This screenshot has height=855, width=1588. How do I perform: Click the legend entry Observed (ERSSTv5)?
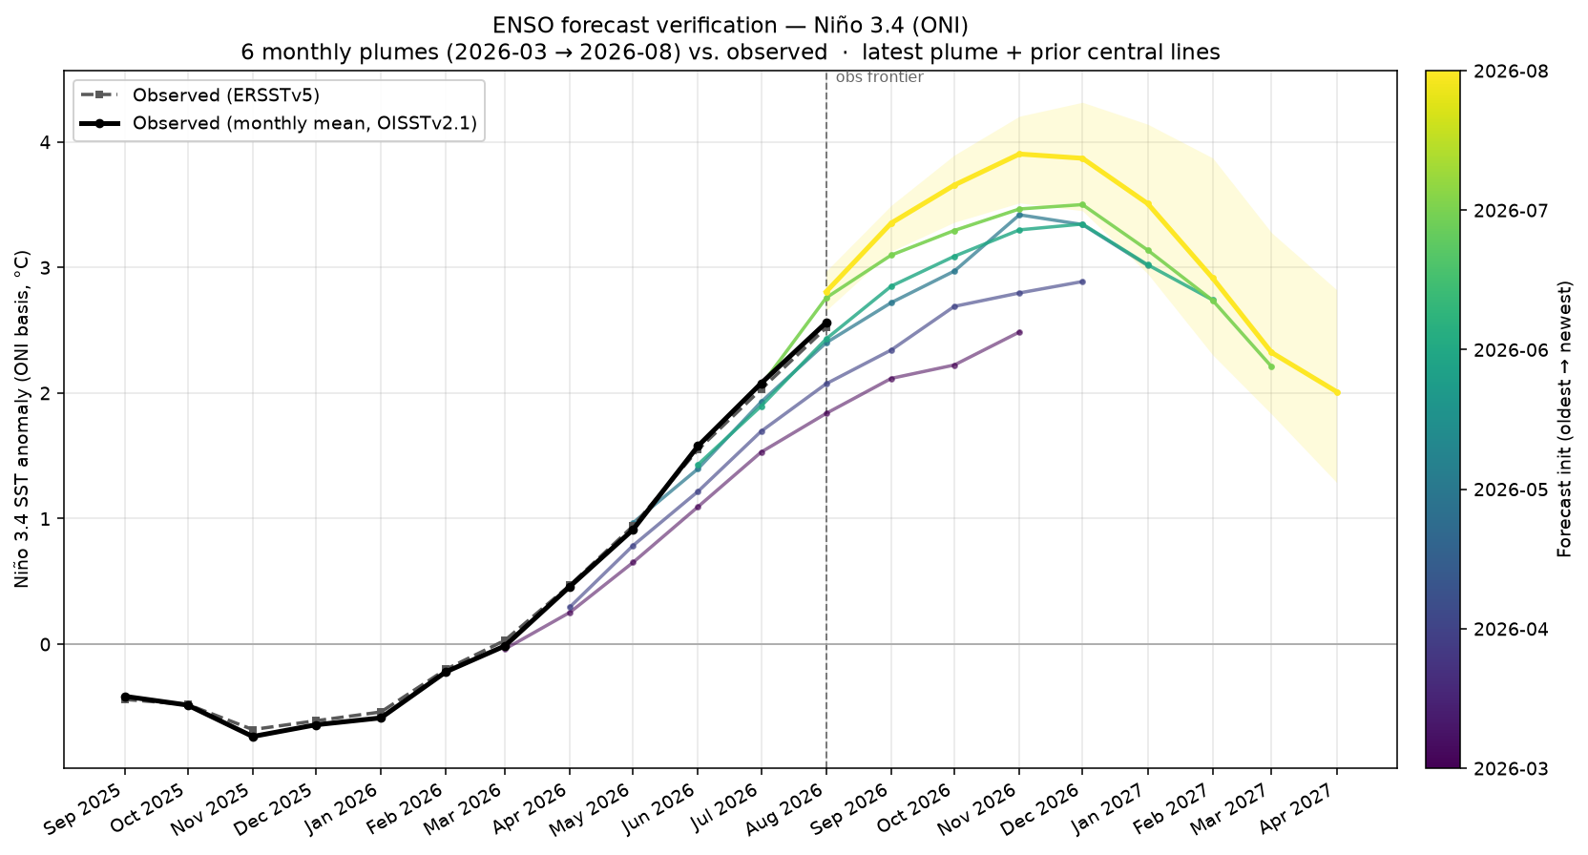click(225, 95)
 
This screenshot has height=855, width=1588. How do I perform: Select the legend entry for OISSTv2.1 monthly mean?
click(304, 123)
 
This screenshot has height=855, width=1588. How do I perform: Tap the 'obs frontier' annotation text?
click(879, 77)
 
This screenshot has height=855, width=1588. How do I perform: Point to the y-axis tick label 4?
click(46, 142)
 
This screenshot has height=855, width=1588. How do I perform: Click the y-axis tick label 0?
click(46, 644)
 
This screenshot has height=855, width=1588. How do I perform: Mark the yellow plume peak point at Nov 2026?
click(1019, 154)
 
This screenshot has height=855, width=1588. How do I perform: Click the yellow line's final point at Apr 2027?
click(1337, 393)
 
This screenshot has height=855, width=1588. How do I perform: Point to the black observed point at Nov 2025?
click(253, 737)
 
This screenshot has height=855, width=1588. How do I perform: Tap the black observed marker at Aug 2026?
click(826, 323)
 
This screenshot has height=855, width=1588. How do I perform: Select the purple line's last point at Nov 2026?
click(1019, 332)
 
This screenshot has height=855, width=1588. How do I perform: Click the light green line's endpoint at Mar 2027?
click(1271, 366)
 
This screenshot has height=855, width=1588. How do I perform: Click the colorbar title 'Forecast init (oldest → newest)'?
click(1564, 419)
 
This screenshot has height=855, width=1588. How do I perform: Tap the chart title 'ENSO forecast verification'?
click(635, 26)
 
